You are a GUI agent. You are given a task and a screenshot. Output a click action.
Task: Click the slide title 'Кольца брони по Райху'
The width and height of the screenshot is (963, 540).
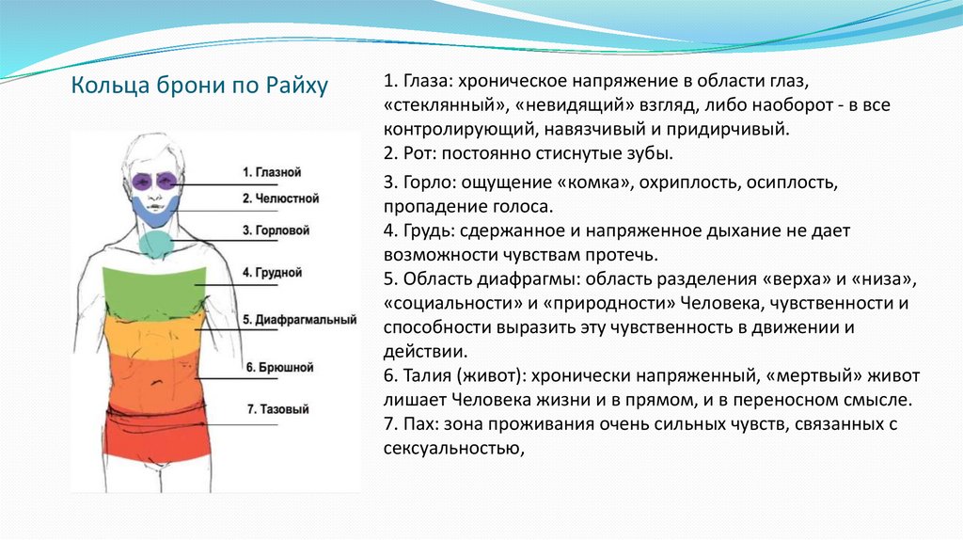[x=200, y=87]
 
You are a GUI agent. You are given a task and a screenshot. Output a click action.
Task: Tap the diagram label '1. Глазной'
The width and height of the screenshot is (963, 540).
[x=271, y=172]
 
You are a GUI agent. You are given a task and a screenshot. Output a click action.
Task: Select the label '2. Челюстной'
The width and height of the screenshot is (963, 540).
[x=280, y=199]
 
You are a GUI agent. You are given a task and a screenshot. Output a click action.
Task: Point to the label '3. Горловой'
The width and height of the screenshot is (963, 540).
[x=276, y=230]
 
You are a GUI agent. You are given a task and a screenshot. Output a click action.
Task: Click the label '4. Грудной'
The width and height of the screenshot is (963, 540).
[x=272, y=272]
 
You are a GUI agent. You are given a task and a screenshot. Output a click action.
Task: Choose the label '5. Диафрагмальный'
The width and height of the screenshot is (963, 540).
[x=299, y=320]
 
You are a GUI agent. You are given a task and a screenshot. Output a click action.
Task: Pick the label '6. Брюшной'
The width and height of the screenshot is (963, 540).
[x=279, y=367]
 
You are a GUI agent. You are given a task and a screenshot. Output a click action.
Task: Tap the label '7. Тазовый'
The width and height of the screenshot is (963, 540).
[x=277, y=409]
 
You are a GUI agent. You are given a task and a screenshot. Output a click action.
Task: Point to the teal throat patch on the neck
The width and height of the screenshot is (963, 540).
[x=154, y=243]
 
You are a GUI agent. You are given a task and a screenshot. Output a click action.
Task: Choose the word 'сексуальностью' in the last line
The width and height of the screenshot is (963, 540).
[x=450, y=449]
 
